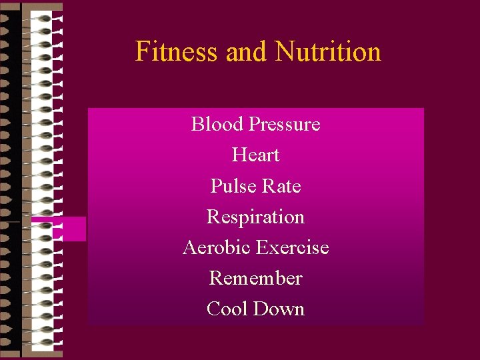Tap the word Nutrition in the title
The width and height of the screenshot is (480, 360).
click(328, 51)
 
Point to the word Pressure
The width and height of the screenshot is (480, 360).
click(284, 125)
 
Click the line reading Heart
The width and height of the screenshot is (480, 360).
click(255, 155)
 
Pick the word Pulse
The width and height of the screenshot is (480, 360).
click(230, 186)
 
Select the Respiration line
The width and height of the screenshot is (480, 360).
click(255, 217)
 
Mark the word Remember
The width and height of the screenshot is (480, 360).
click(255, 278)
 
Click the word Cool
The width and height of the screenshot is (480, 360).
click(226, 309)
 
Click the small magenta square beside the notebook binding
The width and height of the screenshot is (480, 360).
click(69, 229)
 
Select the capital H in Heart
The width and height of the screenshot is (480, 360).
click(239, 155)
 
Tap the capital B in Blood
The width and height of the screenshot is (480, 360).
click(197, 124)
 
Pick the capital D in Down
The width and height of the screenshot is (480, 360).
click(264, 309)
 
